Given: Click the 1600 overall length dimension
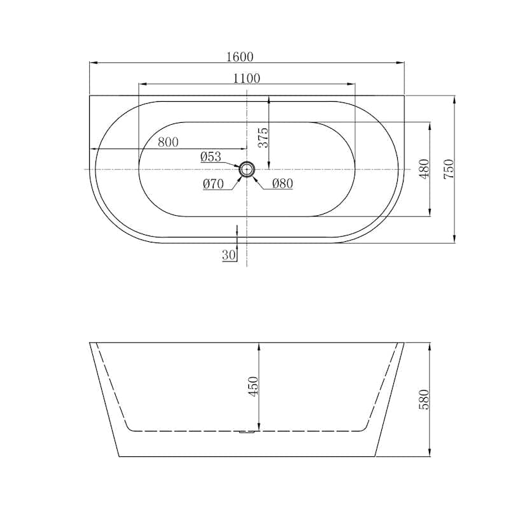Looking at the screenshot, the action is coord(240,57).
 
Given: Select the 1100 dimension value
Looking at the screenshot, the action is coord(247,78).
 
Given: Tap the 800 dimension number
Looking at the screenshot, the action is coord(168,143).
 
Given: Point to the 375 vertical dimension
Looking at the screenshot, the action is coord(263,137).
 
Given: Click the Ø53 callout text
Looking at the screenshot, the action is coord(211,157).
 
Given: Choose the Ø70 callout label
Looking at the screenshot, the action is coord(213,184).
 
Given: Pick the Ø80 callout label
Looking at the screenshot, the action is coord(283,183).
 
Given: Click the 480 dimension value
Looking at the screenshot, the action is coord(424,169).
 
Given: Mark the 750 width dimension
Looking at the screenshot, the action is coord(449,169).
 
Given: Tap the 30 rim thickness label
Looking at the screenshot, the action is coord(229,255).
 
